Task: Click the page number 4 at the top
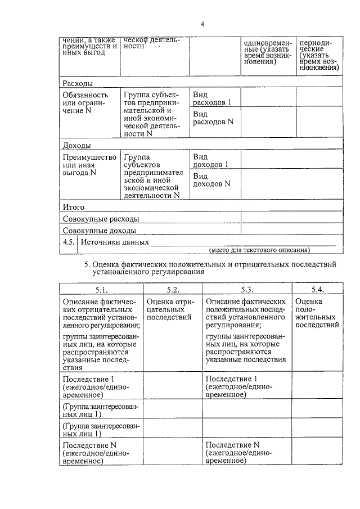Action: [202, 24]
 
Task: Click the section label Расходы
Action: [77, 83]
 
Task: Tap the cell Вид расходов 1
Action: [212, 98]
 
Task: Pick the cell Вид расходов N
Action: [213, 118]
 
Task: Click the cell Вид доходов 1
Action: [211, 160]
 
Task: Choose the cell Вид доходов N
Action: [211, 179]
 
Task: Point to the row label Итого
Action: [74, 207]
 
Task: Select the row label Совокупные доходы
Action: [100, 231]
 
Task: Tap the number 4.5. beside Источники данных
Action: [69, 242]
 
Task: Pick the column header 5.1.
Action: [101, 290]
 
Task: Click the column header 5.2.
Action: [173, 290]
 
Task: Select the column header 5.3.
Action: [247, 290]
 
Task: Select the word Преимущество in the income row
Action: [89, 156]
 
